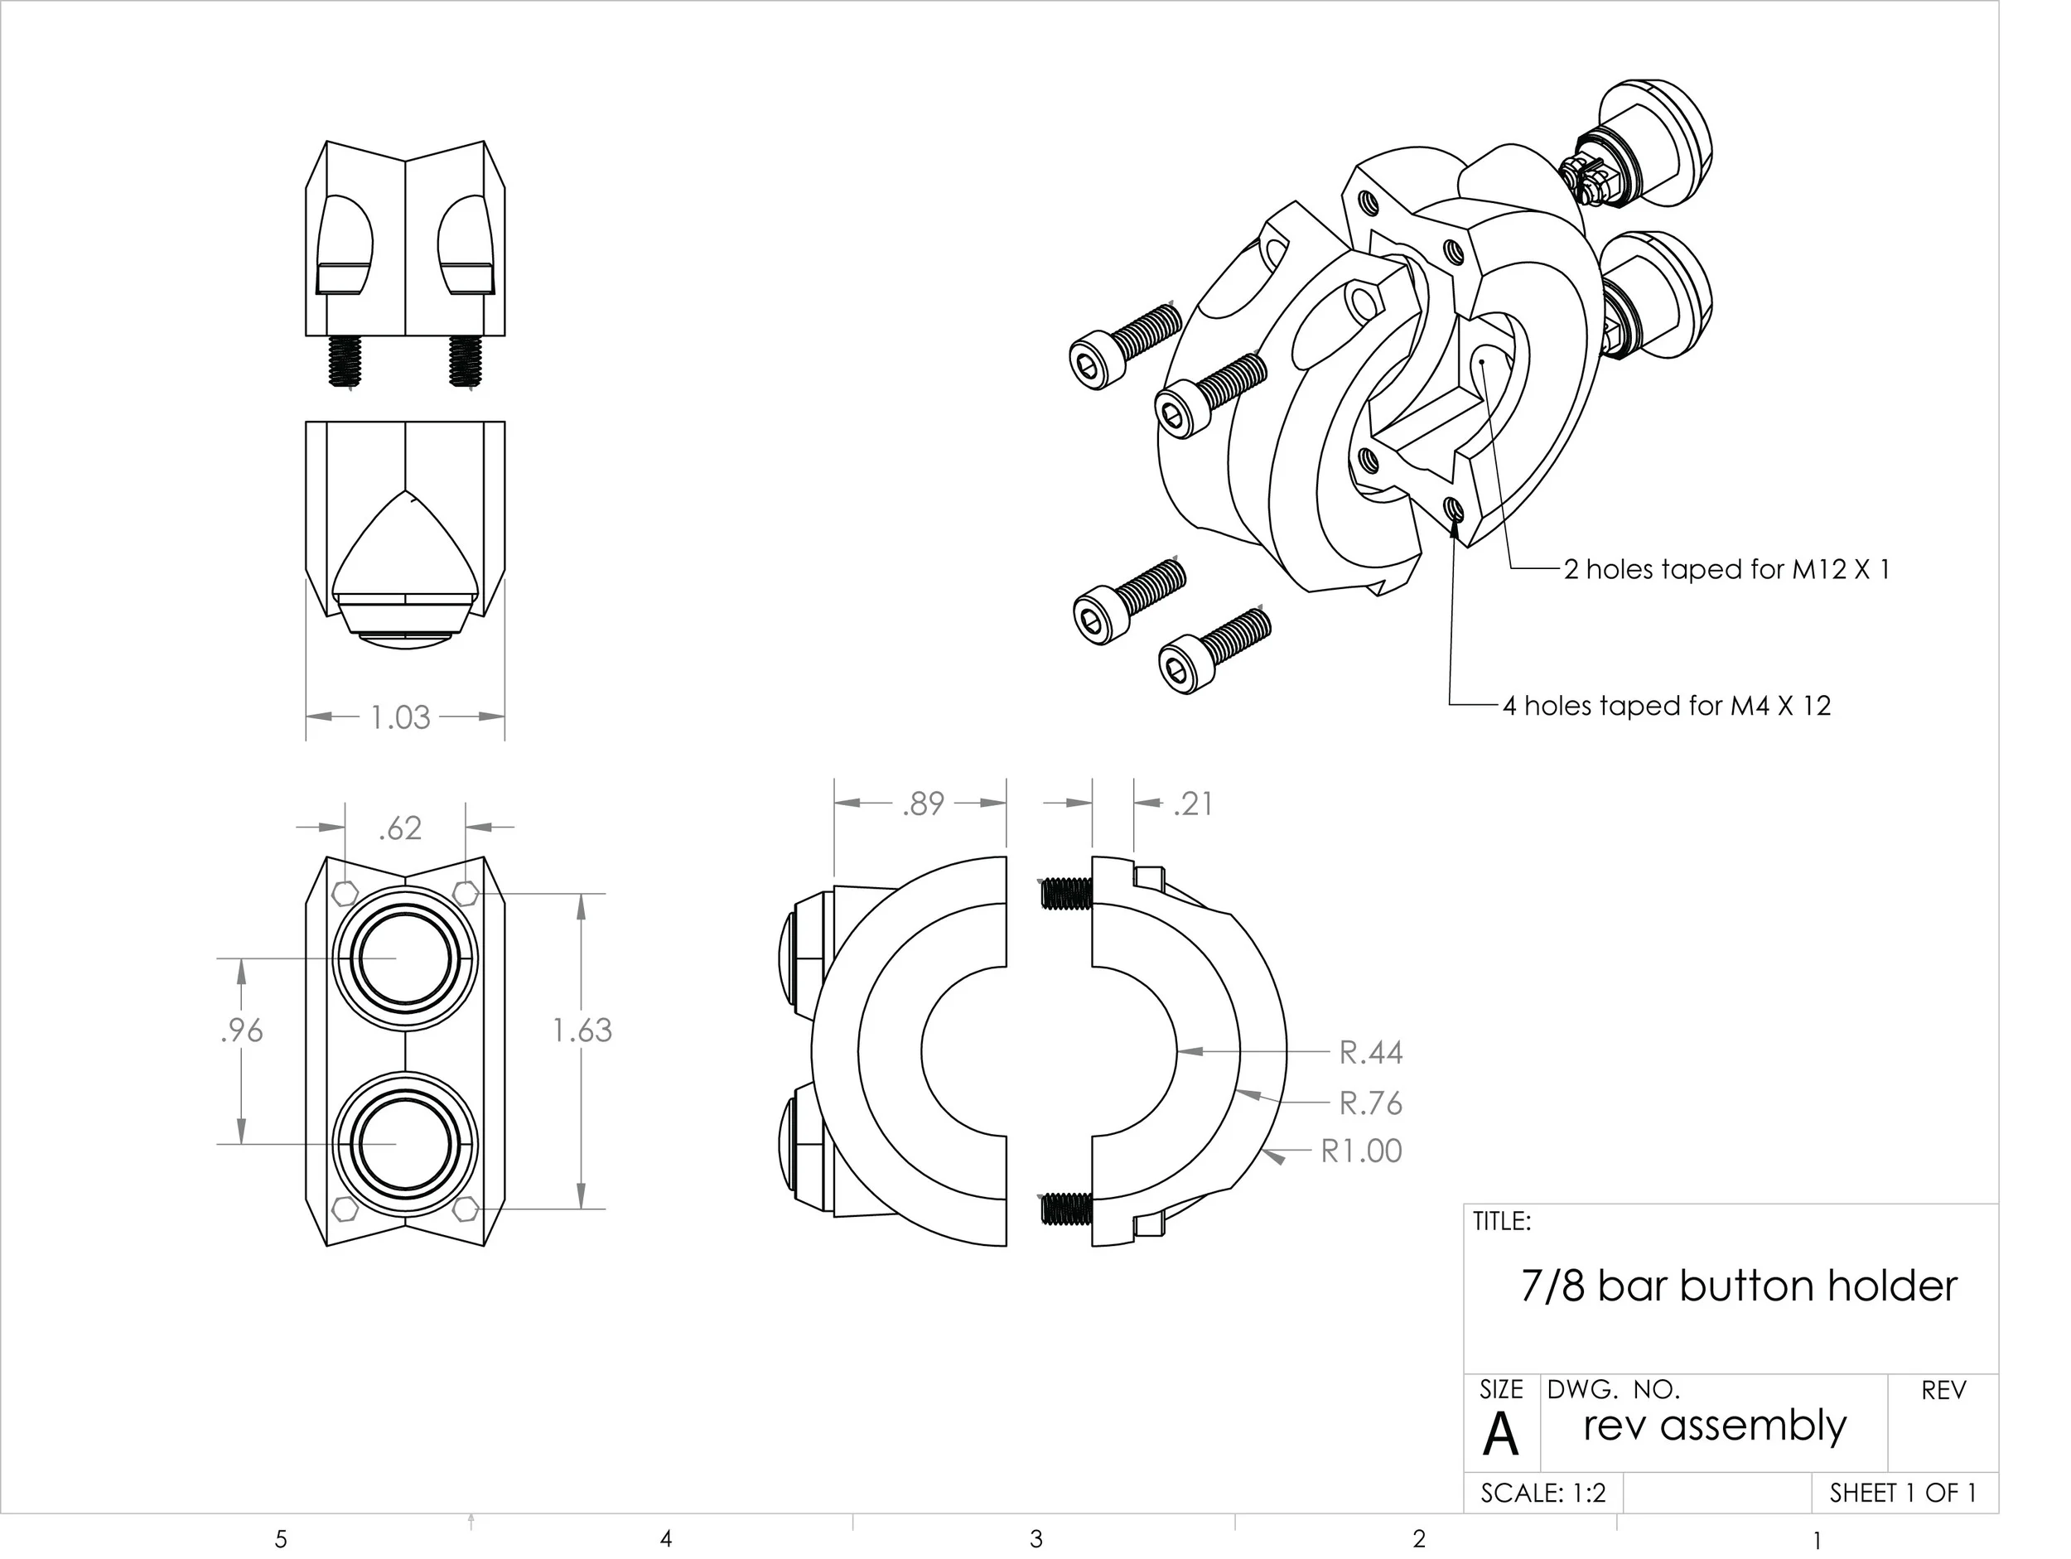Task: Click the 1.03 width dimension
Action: coord(400,717)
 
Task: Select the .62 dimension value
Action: coord(400,828)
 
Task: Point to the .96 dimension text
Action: coord(242,1030)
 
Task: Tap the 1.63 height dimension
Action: coord(582,1030)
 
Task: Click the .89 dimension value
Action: coord(922,804)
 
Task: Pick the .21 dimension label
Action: coord(1193,804)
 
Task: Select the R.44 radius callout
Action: coord(1369,1052)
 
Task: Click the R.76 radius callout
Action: coord(1369,1103)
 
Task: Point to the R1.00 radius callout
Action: coord(1360,1151)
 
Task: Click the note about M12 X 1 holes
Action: coord(1726,569)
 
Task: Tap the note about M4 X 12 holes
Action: coord(1666,705)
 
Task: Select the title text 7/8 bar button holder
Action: coord(1738,1286)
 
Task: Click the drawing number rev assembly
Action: coord(1714,1425)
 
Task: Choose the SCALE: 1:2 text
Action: coord(1542,1493)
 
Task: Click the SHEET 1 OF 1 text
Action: coord(1903,1493)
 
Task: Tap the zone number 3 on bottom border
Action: coord(1035,1538)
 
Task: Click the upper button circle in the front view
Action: coord(405,958)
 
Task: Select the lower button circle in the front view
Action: coord(405,1144)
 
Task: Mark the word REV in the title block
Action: coord(1943,1392)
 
